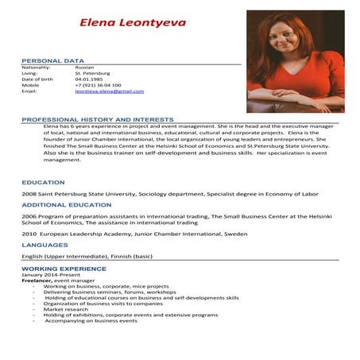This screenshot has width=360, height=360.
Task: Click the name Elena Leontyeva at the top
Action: click(x=132, y=22)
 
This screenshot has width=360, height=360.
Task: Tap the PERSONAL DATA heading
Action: click(x=52, y=60)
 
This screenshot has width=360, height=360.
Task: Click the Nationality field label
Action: click(x=36, y=68)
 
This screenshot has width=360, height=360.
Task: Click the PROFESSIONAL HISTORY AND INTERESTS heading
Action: click(x=98, y=118)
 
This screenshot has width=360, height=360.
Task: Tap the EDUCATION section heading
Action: click(x=43, y=182)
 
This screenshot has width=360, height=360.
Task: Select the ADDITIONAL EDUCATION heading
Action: click(x=66, y=204)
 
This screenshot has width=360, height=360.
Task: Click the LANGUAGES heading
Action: click(x=45, y=245)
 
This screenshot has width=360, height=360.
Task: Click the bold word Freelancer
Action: click(x=38, y=281)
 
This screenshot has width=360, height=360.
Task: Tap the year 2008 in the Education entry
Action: click(x=29, y=193)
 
